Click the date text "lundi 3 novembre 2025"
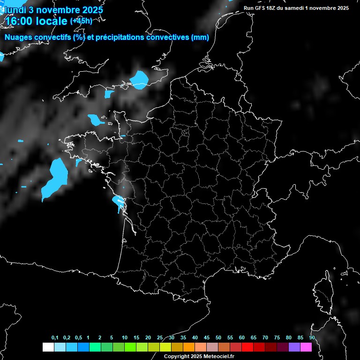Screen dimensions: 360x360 (x=52, y=10)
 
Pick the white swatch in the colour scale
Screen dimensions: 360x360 (x=48, y=347)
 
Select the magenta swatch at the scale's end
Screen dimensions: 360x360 (x=306, y=347)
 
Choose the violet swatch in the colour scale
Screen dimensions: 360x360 (x=294, y=347)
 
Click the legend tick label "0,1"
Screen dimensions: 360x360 (x=55, y=338)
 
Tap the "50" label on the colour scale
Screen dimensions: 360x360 (x=218, y=338)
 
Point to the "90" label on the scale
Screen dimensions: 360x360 (x=312, y=338)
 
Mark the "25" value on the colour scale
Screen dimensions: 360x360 (x=160, y=338)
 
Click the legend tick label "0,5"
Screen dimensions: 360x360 (x=78, y=338)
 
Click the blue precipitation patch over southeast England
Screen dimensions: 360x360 (x=139, y=79)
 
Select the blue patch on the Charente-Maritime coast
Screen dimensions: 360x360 (x=118, y=202)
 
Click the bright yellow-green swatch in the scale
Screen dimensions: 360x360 (x=165, y=347)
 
